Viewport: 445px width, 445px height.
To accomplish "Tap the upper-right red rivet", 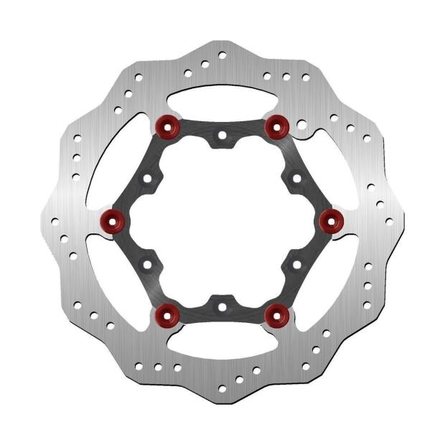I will (276, 127).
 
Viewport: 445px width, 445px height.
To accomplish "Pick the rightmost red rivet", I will (331, 220).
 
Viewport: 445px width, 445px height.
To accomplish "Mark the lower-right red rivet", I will (276, 313).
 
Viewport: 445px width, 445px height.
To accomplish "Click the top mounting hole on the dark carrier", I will (222, 135).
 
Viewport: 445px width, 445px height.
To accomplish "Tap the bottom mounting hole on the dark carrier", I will (222, 306).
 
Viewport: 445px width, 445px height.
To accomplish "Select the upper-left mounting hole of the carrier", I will (147, 177).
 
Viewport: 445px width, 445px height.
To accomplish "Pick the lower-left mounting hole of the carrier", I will (147, 264).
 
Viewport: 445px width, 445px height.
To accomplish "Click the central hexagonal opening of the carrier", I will (222, 220).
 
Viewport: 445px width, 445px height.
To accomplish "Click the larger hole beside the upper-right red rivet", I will (302, 125).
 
